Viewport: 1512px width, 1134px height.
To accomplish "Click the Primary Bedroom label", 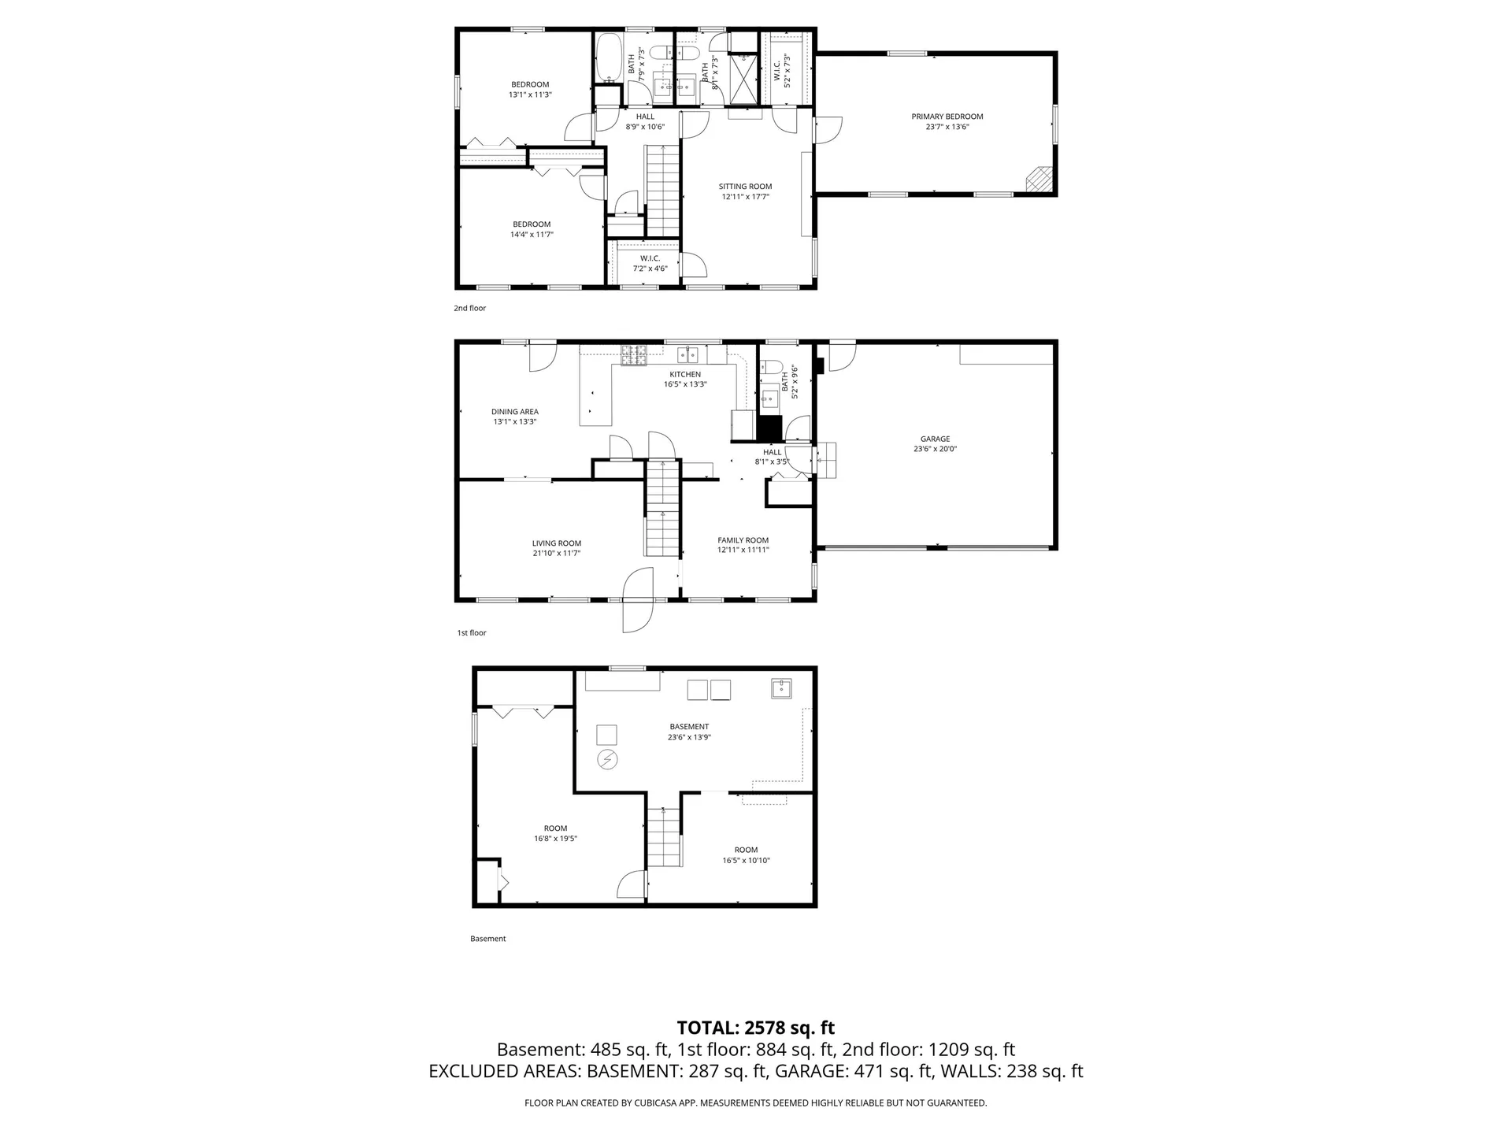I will (x=947, y=117).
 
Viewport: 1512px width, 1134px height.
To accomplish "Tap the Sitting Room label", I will (x=745, y=187).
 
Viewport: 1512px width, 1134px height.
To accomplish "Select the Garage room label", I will (x=935, y=439).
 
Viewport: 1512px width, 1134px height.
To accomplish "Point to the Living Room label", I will (x=556, y=543).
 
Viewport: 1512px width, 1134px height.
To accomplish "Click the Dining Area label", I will (x=515, y=411).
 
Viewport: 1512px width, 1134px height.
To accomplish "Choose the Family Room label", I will (x=743, y=540).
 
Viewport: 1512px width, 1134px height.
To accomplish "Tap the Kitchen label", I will (x=684, y=374).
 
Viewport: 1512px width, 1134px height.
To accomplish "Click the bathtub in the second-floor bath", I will (x=606, y=57).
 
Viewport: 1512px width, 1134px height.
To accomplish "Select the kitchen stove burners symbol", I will (x=633, y=355).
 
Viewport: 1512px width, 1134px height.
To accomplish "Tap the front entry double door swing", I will (x=638, y=600).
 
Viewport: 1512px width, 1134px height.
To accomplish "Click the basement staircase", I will (x=664, y=838).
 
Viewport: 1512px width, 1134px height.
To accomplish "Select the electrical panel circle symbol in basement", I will (x=608, y=759).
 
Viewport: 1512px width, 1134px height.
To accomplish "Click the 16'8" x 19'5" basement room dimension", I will (x=555, y=839).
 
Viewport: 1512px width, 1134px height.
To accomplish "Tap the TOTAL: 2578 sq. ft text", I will (x=755, y=1028).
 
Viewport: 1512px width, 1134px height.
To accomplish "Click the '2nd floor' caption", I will (x=469, y=308).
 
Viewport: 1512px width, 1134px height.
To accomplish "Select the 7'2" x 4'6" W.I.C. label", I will (x=650, y=269).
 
